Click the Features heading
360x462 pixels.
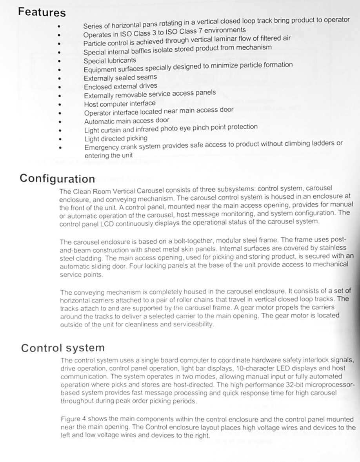(42, 12)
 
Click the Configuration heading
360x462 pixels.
(57, 179)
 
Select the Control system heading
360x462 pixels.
(63, 348)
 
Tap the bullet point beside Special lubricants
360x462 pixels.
(59, 61)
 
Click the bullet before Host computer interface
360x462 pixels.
(59, 105)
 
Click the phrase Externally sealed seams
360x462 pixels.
(120, 78)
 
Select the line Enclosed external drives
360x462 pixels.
(120, 86)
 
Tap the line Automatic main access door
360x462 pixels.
(127, 121)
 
